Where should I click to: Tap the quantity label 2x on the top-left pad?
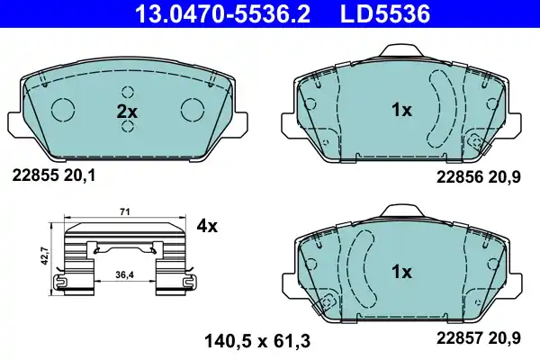coord(127,112)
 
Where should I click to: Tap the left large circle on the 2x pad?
coord(63,109)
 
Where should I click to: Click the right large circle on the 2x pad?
coord(193,109)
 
